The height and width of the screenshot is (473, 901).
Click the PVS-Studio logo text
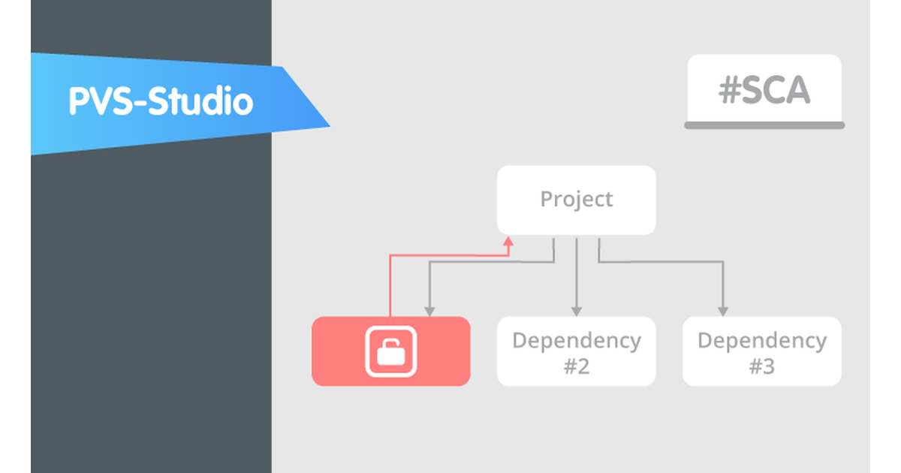(161, 101)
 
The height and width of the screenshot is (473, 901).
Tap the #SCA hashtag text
(764, 91)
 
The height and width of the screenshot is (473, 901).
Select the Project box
(576, 200)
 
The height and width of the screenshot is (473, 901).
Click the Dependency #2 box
(576, 351)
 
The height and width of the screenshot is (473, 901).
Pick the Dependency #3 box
(761, 351)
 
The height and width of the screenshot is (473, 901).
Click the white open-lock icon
(390, 351)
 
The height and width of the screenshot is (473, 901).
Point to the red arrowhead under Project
(508, 242)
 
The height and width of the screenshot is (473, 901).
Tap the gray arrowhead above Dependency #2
(576, 310)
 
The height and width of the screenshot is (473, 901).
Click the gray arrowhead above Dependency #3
(722, 310)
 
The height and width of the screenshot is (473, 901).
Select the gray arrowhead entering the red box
(429, 310)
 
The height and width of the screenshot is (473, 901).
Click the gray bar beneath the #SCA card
(764, 125)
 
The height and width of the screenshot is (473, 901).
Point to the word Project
(576, 200)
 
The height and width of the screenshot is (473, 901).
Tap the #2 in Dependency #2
(576, 367)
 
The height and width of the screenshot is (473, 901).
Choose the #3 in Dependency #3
(761, 367)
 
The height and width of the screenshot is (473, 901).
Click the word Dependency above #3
(761, 341)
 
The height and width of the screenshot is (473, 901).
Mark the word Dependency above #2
(576, 341)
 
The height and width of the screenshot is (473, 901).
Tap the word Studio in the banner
(200, 101)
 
